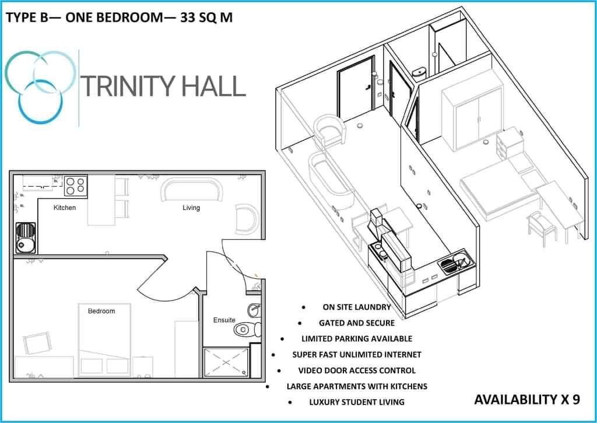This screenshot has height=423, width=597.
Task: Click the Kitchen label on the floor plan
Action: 64,208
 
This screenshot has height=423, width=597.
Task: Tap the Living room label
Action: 191,208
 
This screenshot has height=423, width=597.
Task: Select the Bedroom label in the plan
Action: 101,311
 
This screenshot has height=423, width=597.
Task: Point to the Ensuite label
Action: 224,320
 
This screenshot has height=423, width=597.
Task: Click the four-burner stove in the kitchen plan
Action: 75,186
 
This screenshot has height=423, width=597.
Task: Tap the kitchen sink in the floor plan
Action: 26,238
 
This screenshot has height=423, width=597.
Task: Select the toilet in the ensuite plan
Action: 247,329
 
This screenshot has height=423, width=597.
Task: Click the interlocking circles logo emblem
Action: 40,87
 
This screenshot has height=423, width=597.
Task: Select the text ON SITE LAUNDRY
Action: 357,307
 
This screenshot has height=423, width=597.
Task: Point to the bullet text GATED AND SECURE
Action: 357,323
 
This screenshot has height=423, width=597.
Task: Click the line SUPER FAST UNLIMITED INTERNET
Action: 357,355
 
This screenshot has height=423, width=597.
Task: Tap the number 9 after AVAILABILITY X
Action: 576,400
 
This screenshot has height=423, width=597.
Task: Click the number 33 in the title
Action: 188,18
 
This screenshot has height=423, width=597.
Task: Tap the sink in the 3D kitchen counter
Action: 456,264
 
